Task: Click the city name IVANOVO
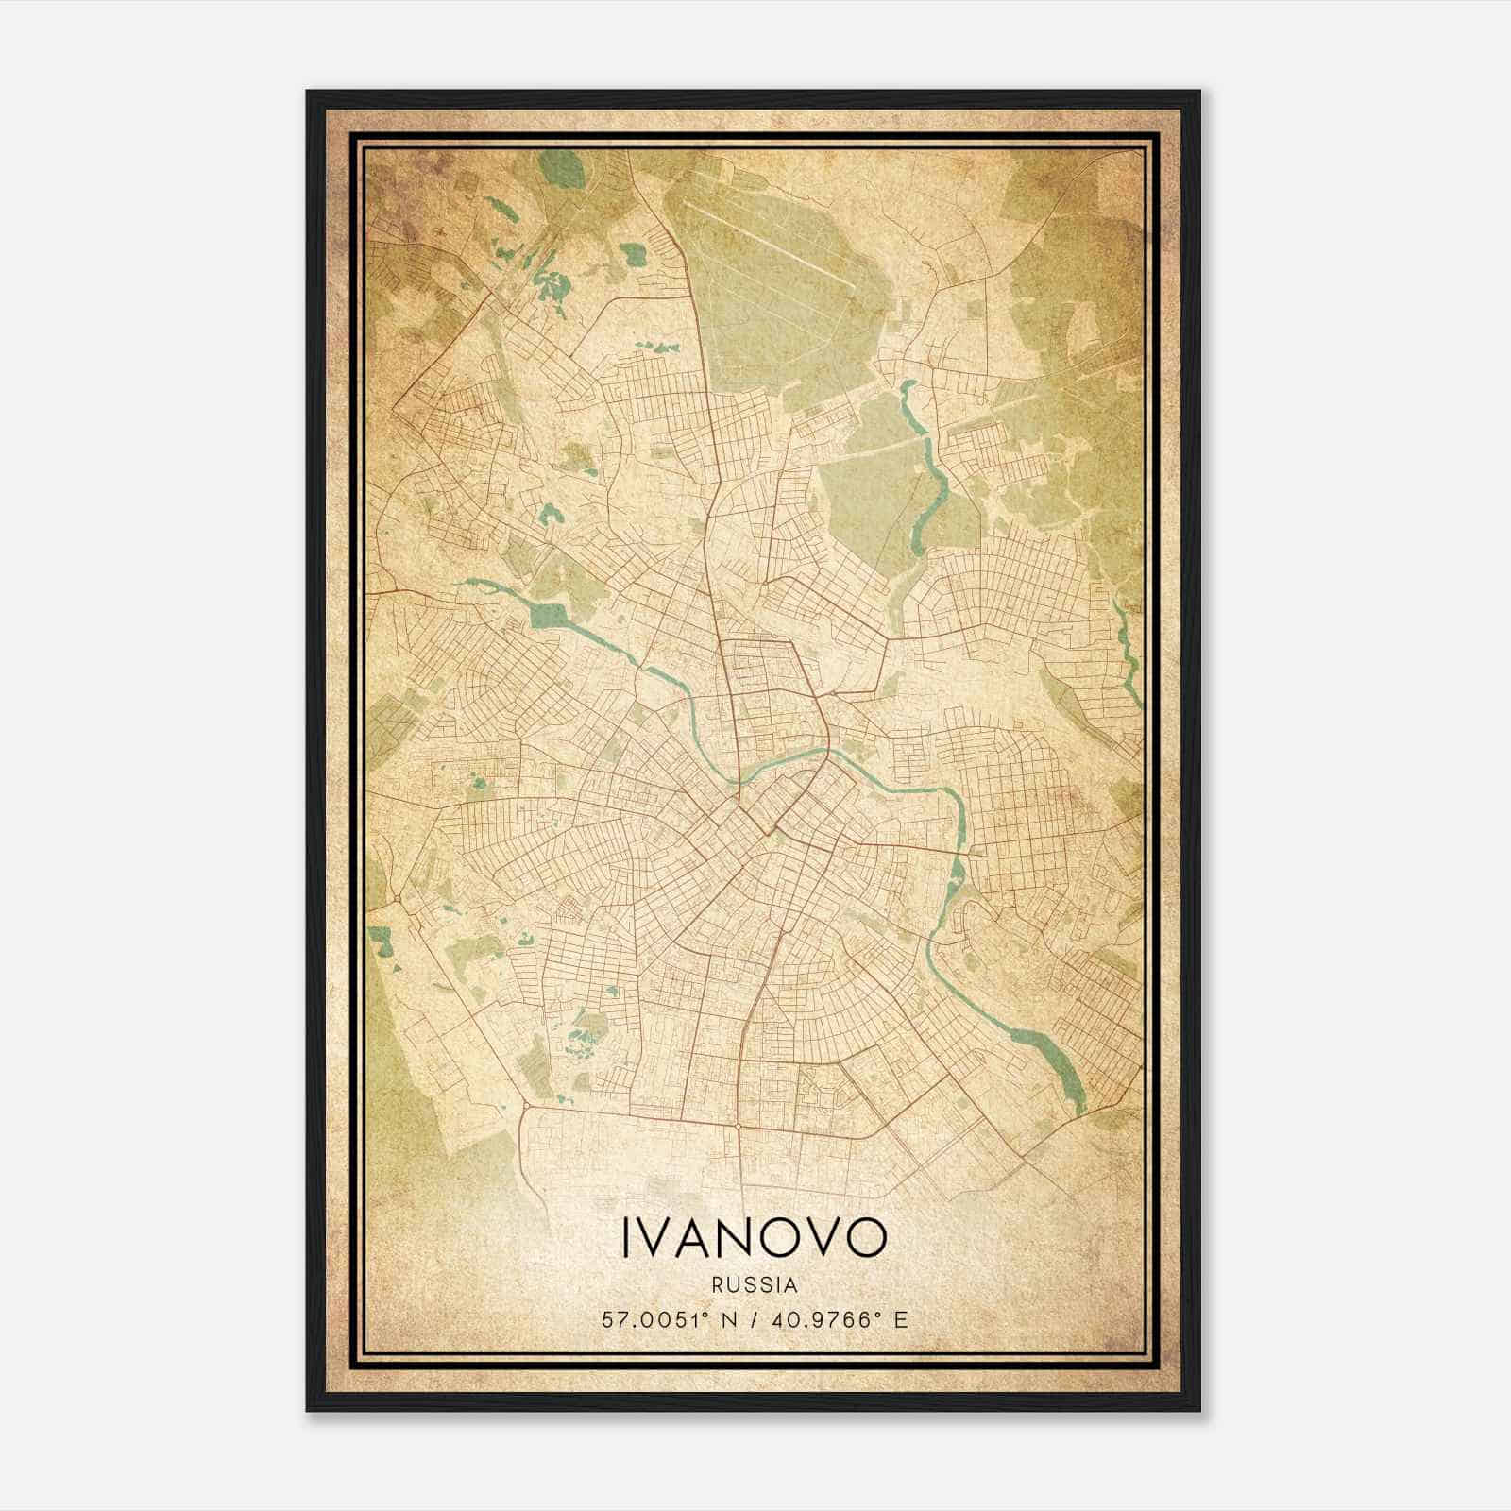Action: click(754, 1237)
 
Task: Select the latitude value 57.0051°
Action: click(652, 1320)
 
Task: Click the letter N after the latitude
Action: click(727, 1320)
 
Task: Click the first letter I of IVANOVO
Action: click(627, 1237)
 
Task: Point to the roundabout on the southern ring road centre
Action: click(737, 1126)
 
